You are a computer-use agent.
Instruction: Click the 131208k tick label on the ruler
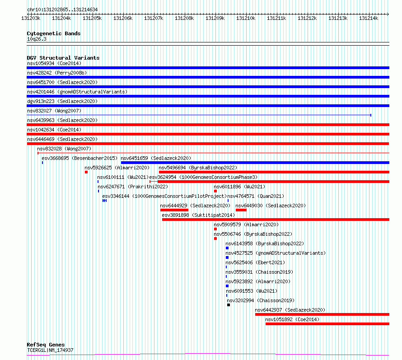[x=184, y=18]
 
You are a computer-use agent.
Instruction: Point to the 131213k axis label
[x=338, y=18]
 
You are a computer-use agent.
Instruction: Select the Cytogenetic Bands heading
[x=54, y=33]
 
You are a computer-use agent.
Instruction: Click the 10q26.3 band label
[x=37, y=39]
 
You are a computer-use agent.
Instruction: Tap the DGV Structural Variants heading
[x=63, y=58]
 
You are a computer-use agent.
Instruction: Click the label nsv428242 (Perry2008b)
[x=57, y=73]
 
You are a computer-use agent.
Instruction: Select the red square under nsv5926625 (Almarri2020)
[x=86, y=172]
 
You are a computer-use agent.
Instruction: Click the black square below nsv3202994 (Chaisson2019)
[x=229, y=305]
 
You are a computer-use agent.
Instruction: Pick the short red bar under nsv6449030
[x=241, y=210]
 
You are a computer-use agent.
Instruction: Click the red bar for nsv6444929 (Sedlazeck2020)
[x=174, y=210]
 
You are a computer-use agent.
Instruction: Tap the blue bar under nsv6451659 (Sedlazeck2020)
[x=255, y=163]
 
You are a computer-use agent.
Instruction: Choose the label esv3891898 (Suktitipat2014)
[x=198, y=215]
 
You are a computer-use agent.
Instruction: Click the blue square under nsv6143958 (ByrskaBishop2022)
[x=227, y=248]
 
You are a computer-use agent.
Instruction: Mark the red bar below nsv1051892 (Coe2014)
[x=327, y=324]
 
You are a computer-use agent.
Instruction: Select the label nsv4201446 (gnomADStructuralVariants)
[x=77, y=92]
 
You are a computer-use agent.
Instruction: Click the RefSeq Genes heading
[x=46, y=345]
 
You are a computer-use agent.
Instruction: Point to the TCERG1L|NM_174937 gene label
[x=50, y=350]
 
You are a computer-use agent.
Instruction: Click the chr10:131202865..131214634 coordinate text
[x=62, y=10]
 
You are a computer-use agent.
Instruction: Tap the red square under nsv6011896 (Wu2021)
[x=215, y=191]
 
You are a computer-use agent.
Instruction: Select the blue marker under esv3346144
[x=104, y=201]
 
